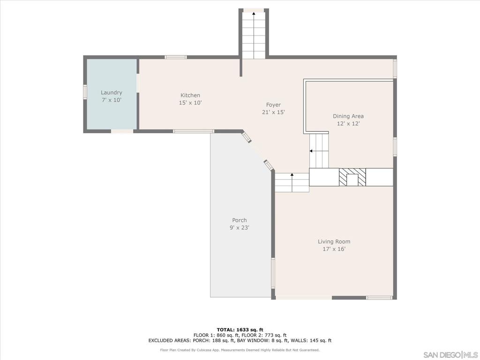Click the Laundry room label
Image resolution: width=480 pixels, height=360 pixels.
point(111,93)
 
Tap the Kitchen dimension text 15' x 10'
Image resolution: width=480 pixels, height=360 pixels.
point(190,103)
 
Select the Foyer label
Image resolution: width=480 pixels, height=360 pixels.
point(273,105)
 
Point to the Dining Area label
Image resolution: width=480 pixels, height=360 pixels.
point(348,116)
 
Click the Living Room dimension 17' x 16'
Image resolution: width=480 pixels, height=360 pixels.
point(334,249)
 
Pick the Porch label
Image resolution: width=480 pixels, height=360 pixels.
point(239,220)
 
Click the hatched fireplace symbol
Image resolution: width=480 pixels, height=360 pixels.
point(352,177)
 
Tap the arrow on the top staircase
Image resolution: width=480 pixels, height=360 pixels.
point(254,14)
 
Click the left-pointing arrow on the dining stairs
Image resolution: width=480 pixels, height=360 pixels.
point(311,151)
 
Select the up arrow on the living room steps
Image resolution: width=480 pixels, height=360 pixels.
point(292,175)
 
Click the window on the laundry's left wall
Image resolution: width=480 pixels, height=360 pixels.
point(85,91)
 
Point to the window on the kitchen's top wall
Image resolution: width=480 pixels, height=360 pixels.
point(175,57)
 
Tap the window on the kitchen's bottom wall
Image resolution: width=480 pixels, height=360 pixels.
point(194,131)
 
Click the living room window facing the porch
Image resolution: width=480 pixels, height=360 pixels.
point(273,273)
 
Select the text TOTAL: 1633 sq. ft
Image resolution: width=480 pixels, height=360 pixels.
point(240,330)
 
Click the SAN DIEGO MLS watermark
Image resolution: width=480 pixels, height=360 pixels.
point(450,354)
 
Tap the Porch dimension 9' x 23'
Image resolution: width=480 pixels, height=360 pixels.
point(239,228)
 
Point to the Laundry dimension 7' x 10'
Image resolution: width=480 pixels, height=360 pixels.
point(111,100)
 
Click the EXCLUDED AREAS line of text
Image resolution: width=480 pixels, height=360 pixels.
point(240,341)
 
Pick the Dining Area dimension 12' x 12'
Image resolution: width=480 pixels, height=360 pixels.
point(348,124)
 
